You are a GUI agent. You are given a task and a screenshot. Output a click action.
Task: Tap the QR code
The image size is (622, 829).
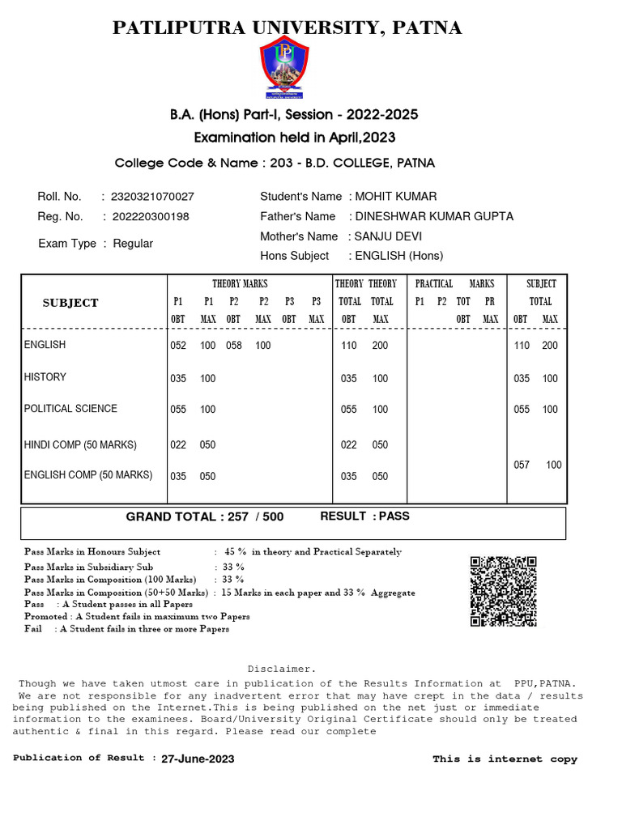pos(503,591)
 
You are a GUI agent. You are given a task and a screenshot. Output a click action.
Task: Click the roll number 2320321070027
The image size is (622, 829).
pos(152,197)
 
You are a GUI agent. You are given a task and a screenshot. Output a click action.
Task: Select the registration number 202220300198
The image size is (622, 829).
pos(150,216)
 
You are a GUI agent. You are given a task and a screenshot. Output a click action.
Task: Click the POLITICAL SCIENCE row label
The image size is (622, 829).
pos(70,409)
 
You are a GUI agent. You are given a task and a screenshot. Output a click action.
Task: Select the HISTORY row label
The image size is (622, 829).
pos(45,377)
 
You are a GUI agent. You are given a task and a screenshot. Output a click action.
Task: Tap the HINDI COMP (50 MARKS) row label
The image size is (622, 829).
pos(80,444)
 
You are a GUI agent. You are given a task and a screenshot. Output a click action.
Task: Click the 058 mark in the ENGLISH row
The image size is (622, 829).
pos(234,346)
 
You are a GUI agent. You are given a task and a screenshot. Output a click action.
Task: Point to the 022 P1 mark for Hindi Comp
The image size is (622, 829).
pos(178,445)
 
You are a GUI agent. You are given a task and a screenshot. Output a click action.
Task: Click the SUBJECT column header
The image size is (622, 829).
pos(70,303)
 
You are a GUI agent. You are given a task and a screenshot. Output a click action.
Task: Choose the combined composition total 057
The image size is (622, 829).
pos(522,465)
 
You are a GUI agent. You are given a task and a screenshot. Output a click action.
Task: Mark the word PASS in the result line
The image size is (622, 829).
pos(394,517)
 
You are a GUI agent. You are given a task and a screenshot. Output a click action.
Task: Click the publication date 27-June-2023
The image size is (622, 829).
pos(198,759)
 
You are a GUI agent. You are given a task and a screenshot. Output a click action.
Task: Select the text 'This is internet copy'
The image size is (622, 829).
pos(505,759)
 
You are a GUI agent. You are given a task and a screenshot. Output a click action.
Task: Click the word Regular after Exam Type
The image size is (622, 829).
pos(133,244)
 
